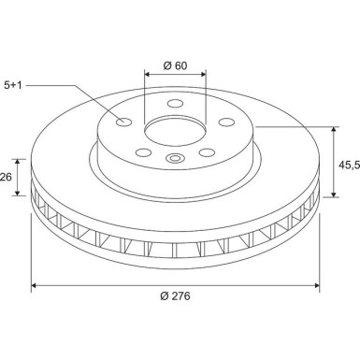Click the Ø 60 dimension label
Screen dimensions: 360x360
coord(176,65)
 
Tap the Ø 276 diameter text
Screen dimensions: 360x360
coord(176,296)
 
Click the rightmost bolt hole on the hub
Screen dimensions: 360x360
coord(225,121)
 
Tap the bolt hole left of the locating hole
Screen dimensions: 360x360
coord(141,151)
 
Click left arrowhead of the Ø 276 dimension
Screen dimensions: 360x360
coord(36,285)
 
